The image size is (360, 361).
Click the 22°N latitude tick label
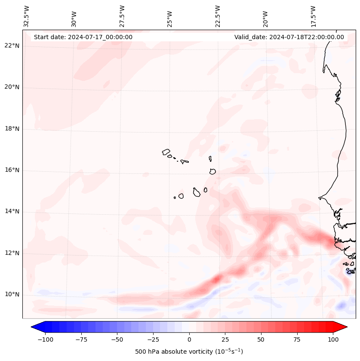(x=12, y=46)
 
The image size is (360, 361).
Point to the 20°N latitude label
(x=12, y=87)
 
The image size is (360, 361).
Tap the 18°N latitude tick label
(x=12, y=129)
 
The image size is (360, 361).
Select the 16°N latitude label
(x=12, y=170)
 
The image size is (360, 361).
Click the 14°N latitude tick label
(x=12, y=211)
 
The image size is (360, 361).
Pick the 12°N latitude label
(x=12, y=253)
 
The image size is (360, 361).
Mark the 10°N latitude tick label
(x=12, y=294)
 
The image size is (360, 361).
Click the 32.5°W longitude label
(x=27, y=16)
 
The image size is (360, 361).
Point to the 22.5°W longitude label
(x=218, y=16)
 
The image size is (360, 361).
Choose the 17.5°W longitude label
(x=313, y=16)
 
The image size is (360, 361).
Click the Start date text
(x=83, y=37)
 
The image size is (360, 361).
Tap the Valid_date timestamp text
(x=289, y=37)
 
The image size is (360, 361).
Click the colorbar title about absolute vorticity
(x=189, y=352)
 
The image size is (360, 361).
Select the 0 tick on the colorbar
(x=189, y=339)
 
